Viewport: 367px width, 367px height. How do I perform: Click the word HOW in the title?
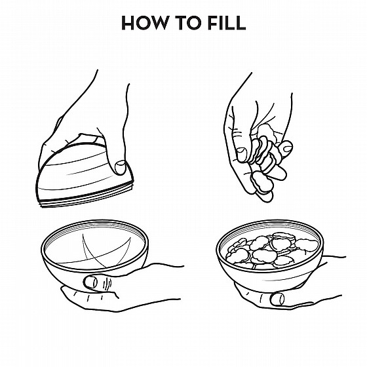tap(145, 23)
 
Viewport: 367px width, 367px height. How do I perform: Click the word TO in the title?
tap(189, 23)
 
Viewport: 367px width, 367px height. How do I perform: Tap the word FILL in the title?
tap(227, 23)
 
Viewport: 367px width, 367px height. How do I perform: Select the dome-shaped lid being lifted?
tap(85, 175)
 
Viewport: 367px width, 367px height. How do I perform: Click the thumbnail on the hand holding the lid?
tap(121, 167)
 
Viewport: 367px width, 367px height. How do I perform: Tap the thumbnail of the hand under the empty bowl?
tap(90, 282)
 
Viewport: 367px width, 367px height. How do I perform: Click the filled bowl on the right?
tap(269, 255)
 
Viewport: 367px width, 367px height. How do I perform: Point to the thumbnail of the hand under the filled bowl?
tap(277, 299)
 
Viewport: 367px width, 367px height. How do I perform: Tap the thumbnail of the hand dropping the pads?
tap(242, 155)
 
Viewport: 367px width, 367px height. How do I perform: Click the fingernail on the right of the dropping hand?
tap(287, 148)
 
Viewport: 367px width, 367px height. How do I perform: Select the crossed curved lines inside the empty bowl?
tap(106, 251)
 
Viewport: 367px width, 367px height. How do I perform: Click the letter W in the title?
tap(159, 23)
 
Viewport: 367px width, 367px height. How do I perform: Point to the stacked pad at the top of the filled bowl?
tap(281, 236)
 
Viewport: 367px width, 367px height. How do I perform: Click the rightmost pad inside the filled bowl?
tap(307, 245)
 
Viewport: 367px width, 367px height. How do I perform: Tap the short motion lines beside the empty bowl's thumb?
tap(108, 283)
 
